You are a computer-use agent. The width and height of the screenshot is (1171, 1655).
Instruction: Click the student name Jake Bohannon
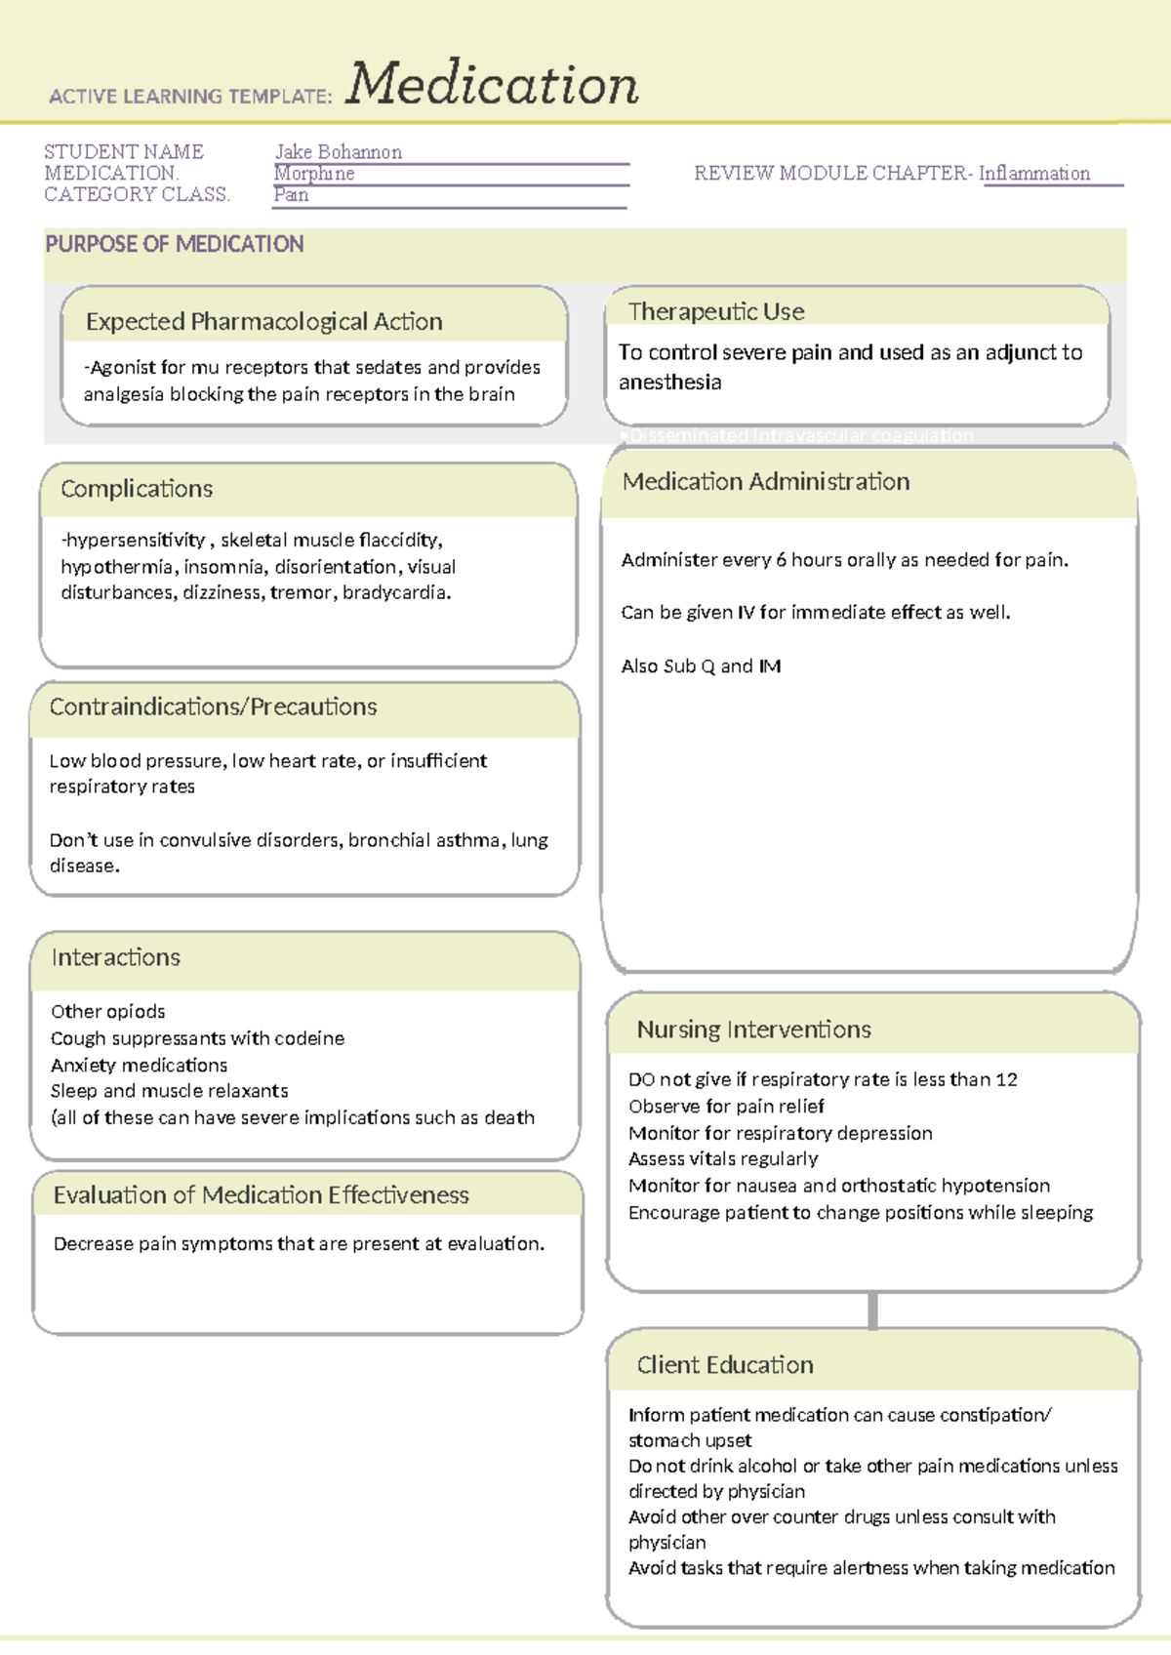click(338, 152)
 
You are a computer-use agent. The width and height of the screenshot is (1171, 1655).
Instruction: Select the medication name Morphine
click(314, 174)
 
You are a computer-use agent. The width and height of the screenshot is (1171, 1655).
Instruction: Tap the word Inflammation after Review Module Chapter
click(1034, 174)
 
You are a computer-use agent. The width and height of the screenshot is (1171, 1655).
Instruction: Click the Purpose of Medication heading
click(175, 244)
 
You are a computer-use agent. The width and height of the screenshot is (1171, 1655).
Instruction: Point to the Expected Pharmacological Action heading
click(263, 321)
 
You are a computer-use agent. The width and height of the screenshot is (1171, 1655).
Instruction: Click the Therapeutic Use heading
click(716, 311)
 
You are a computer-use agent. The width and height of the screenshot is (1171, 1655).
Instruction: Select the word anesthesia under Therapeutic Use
click(670, 383)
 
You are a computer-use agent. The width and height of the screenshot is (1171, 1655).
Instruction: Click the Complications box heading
click(137, 488)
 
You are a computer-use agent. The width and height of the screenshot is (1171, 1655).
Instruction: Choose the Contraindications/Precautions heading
click(213, 706)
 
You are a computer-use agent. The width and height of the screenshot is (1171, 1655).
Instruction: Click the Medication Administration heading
click(766, 481)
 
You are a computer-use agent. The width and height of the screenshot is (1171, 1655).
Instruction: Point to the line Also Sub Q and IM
click(701, 666)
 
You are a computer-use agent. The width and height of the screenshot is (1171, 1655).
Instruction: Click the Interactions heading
click(115, 957)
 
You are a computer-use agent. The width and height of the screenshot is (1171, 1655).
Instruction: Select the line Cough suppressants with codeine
click(197, 1038)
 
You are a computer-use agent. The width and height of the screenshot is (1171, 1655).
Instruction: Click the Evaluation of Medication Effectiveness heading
click(261, 1194)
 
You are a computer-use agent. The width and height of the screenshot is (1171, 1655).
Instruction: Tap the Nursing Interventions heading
click(753, 1029)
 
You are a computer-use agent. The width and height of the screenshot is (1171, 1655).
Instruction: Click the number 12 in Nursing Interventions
click(1006, 1079)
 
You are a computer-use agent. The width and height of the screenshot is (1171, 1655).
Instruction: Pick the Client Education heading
click(724, 1364)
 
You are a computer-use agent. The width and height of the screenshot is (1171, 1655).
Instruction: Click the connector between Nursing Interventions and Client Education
click(872, 1310)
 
